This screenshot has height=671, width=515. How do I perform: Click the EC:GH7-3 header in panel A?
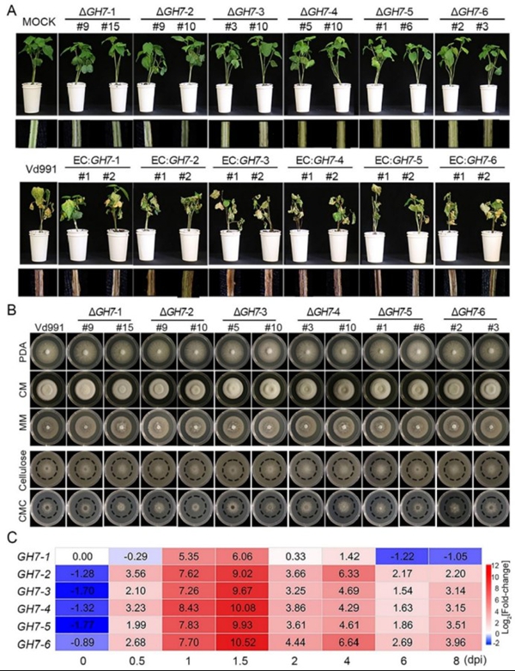click(234, 161)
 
